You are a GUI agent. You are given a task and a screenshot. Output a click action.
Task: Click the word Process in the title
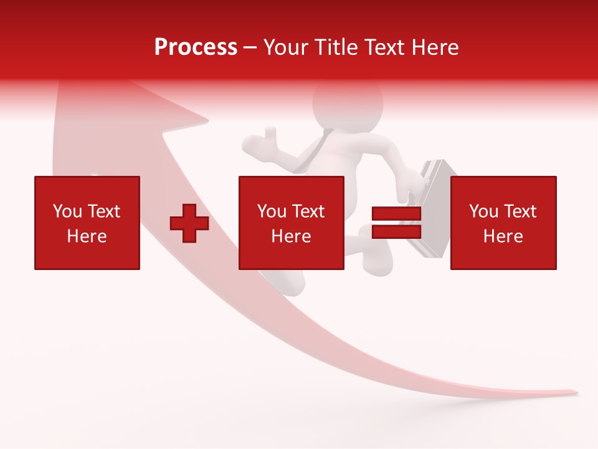196,47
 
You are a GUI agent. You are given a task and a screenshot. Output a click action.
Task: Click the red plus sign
189,223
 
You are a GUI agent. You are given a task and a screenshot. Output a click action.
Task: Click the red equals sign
396,223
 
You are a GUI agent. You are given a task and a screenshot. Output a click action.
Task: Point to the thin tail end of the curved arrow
570,392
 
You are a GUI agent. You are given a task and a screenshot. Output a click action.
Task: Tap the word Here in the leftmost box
87,236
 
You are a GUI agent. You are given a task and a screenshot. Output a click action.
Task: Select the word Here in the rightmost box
503,236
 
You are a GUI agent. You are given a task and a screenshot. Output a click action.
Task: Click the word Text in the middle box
308,211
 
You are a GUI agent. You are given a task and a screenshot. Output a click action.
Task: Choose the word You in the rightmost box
484,211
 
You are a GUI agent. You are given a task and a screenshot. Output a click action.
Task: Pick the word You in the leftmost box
68,211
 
